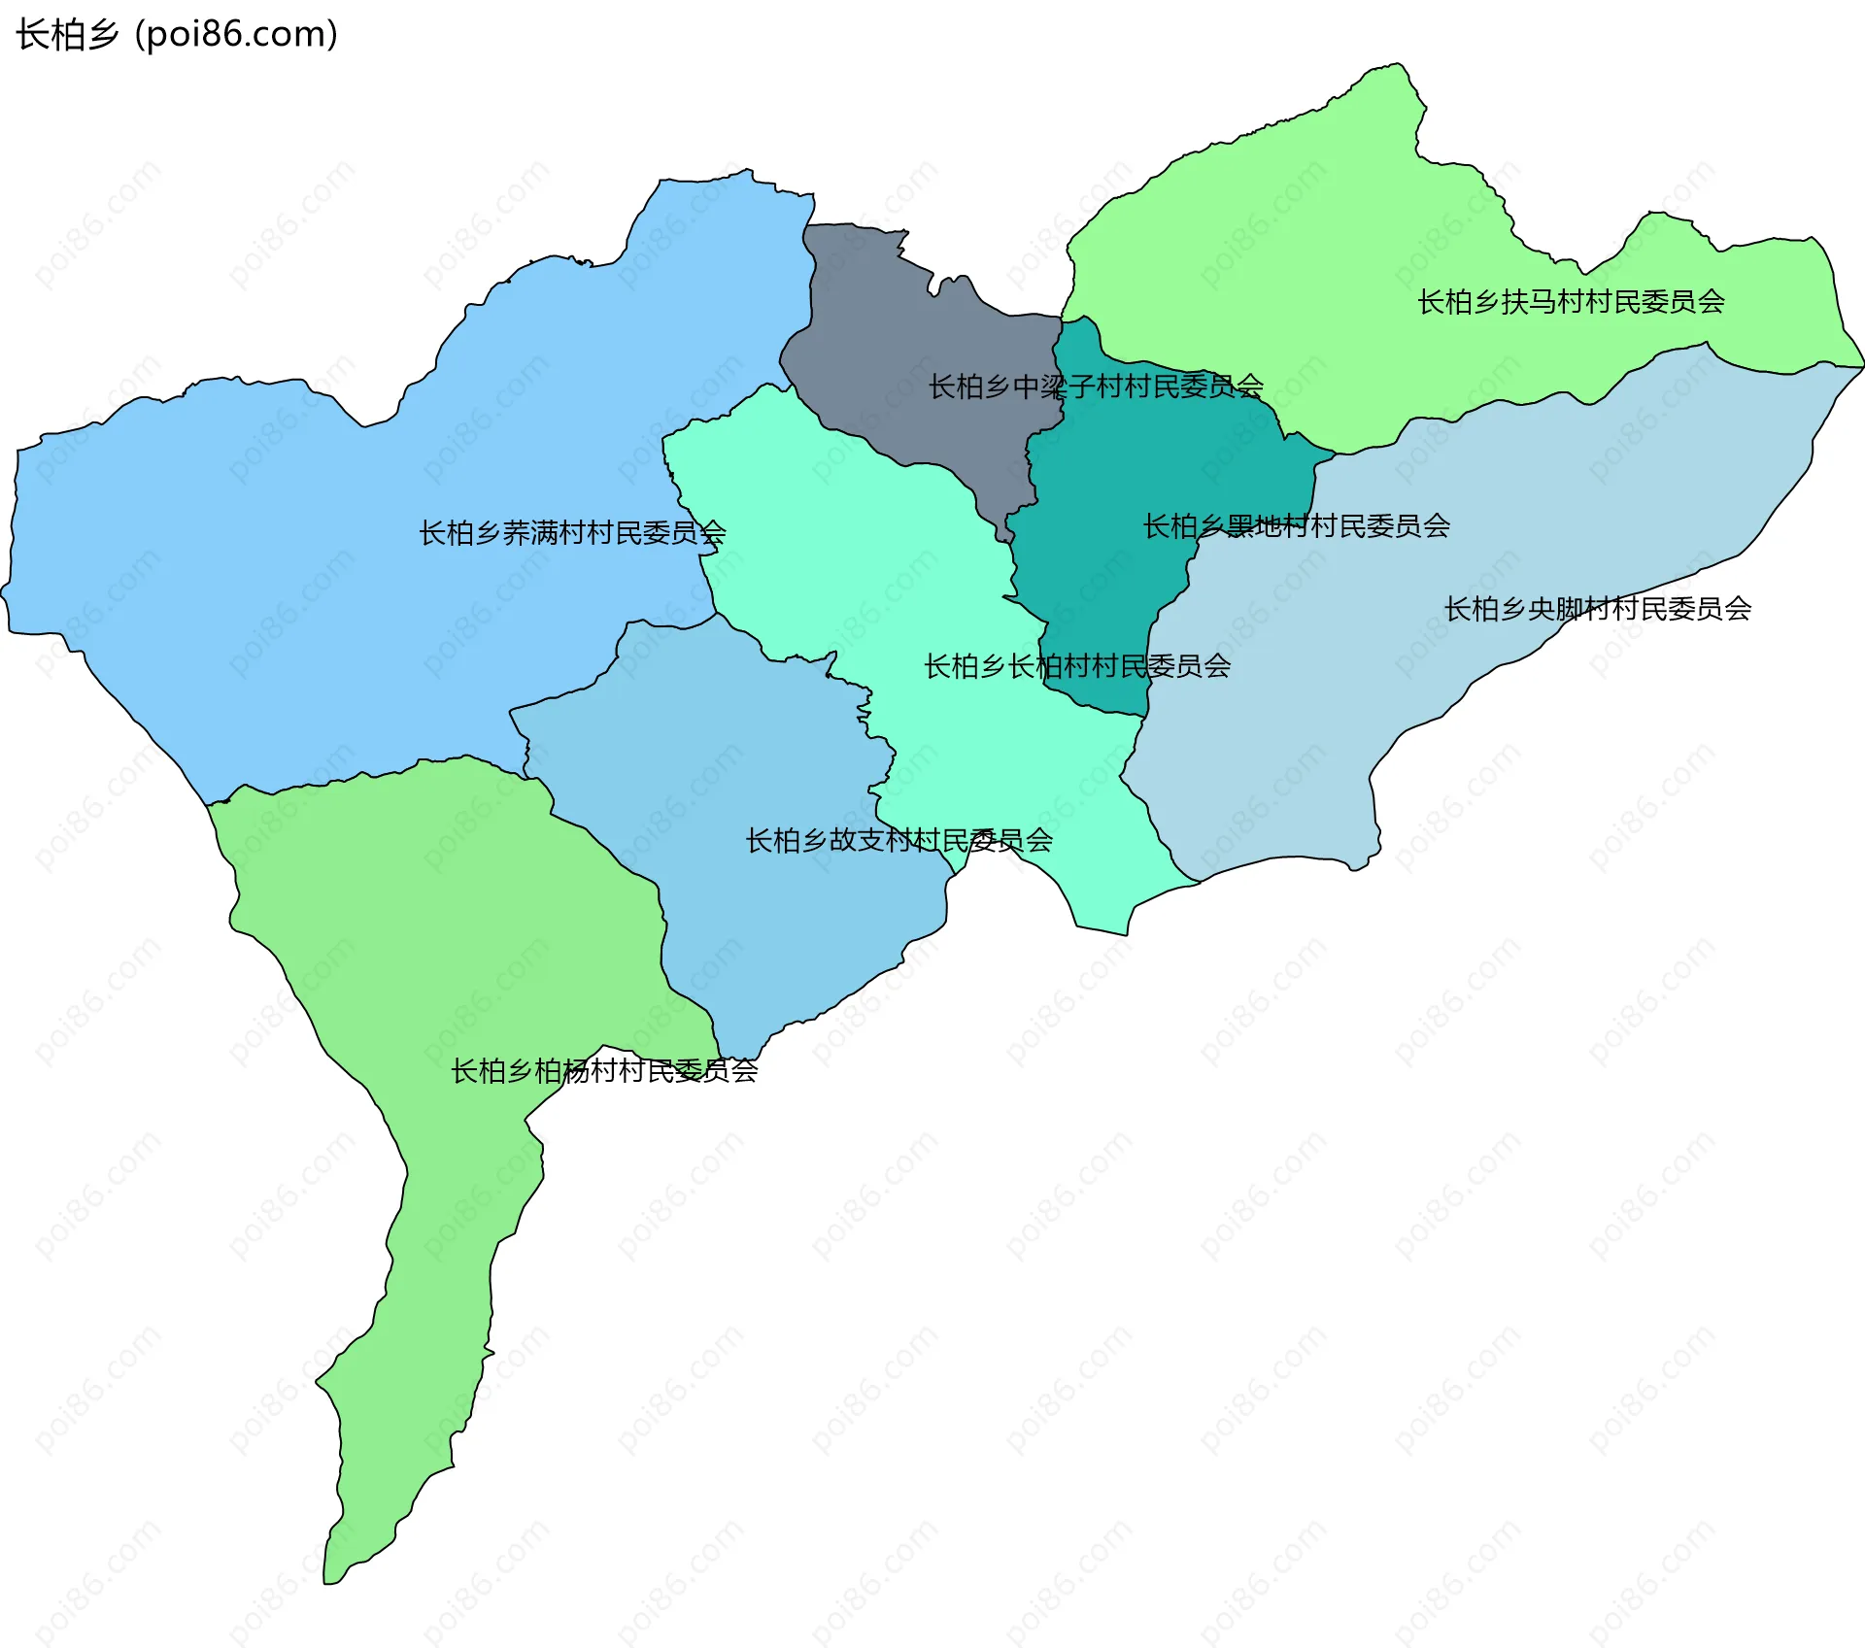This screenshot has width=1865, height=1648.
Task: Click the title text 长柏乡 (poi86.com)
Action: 177,34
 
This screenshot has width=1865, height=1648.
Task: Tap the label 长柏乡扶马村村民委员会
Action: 1571,302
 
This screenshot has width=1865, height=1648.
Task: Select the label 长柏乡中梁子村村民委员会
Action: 1096,387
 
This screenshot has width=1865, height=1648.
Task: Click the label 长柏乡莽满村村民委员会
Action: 572,533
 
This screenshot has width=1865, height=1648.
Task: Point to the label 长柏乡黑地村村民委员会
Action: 1296,526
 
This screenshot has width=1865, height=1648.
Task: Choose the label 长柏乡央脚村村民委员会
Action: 1597,609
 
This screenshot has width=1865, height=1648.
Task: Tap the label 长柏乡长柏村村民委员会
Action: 1076,666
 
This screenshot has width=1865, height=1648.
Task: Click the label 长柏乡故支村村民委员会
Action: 899,840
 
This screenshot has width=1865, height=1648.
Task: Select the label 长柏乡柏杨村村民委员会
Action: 603,1071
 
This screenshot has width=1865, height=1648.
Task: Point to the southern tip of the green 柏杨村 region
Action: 330,1581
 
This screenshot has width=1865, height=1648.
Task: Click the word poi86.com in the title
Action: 236,34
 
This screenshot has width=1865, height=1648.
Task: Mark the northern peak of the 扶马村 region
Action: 1397,65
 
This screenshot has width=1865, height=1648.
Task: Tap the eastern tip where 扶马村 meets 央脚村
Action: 1861,367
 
